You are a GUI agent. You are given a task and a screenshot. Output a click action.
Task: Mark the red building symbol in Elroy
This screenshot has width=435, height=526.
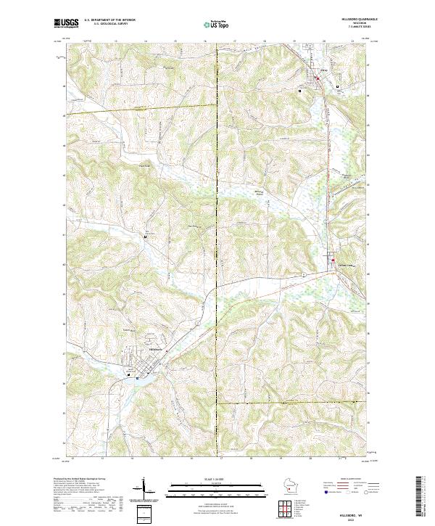coord(317,78)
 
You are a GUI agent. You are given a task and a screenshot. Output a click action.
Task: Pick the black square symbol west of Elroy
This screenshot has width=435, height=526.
coord(299,91)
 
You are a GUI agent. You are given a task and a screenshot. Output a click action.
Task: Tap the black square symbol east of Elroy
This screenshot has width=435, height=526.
coord(337,86)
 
